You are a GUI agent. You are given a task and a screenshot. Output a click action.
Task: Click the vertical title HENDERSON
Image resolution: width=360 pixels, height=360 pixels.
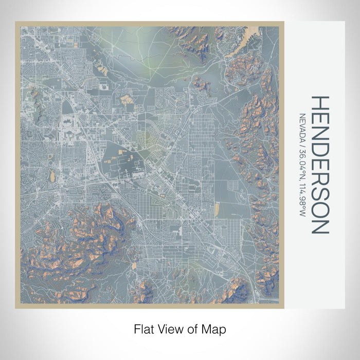point(318,165)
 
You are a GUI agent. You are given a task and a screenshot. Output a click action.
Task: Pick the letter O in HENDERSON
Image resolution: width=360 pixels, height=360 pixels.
point(318,209)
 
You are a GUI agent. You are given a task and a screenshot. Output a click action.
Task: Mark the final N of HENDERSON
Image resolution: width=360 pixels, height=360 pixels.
point(318,226)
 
